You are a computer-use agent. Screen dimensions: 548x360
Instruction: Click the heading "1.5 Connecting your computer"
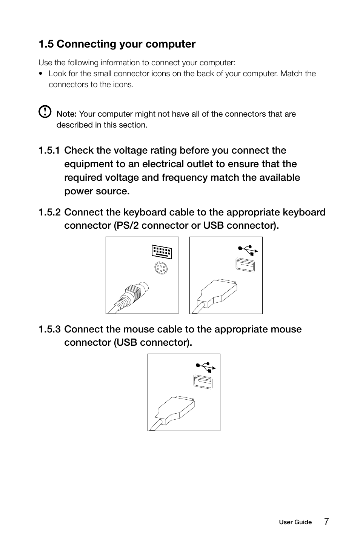[117, 44]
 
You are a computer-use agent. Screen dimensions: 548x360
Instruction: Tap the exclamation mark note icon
[45, 111]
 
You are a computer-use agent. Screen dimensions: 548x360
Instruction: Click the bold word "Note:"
[66, 114]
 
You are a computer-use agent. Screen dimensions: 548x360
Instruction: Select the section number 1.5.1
[49, 151]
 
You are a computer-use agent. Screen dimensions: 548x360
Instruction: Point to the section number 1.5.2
[49, 212]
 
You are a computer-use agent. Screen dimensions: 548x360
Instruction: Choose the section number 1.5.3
[49, 329]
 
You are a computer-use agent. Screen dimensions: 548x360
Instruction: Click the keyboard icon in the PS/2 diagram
[162, 252]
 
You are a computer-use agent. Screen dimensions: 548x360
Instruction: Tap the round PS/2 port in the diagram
[161, 269]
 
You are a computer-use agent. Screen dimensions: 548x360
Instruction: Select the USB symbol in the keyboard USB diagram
[248, 250]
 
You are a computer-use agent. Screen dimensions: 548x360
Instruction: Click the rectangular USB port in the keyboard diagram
[245, 265]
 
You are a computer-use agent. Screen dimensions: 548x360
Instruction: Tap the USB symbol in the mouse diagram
[206, 367]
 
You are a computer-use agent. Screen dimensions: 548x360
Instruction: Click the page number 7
[326, 522]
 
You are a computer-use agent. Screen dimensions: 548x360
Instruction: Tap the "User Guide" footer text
[295, 522]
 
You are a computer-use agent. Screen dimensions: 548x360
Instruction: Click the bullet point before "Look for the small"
[41, 74]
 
